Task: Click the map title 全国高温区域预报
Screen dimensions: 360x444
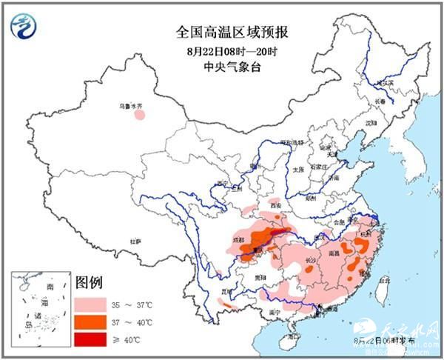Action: click(x=221, y=32)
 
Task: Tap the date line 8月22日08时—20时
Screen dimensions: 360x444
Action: click(x=222, y=51)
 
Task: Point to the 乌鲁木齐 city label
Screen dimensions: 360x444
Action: click(x=130, y=107)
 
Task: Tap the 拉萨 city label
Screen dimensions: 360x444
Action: click(x=135, y=241)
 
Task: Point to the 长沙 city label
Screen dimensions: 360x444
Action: click(x=312, y=261)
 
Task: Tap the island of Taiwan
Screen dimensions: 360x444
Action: click(x=382, y=293)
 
